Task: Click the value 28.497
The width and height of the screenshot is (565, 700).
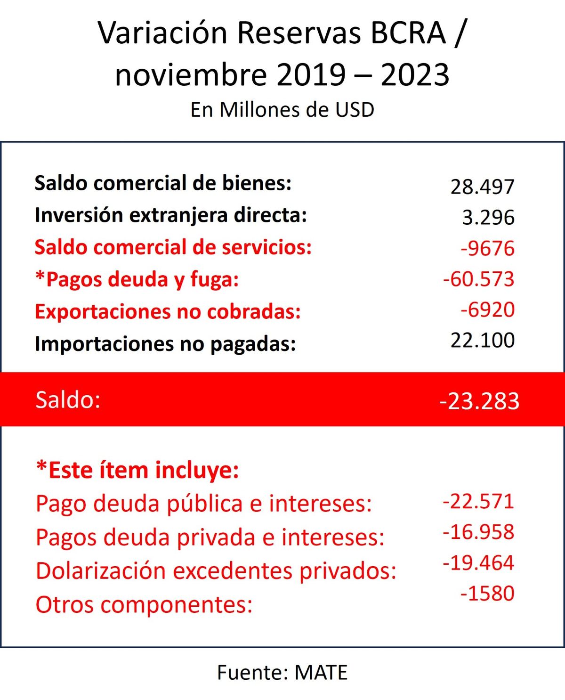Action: click(x=482, y=187)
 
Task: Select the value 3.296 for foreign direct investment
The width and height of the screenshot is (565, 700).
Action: click(x=488, y=218)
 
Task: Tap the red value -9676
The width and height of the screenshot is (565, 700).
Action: click(x=487, y=248)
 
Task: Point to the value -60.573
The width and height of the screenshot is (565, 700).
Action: click(x=478, y=279)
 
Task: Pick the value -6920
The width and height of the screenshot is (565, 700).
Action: click(x=487, y=309)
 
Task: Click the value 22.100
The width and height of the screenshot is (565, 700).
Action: click(x=482, y=340)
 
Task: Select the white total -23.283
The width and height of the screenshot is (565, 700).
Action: click(x=479, y=401)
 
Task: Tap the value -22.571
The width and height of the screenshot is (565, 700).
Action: click(x=478, y=501)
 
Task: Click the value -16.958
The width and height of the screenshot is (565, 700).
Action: click(x=478, y=532)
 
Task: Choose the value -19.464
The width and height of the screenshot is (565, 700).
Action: click(x=478, y=562)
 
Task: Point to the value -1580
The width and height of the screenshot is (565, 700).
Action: click(x=487, y=593)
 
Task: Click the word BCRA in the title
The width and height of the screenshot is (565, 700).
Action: click(x=408, y=33)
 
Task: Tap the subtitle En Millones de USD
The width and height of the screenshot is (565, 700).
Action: click(x=282, y=110)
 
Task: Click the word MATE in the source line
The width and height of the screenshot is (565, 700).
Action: click(x=321, y=672)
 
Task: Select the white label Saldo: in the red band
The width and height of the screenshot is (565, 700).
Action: click(x=68, y=400)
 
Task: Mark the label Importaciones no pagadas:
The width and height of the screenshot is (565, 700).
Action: click(x=165, y=344)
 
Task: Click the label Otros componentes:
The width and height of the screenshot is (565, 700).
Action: click(x=144, y=604)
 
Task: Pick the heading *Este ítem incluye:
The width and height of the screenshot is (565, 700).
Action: click(x=137, y=470)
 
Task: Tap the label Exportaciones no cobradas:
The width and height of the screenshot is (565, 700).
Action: click(x=168, y=312)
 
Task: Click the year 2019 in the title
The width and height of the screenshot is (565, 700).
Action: click(x=311, y=74)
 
